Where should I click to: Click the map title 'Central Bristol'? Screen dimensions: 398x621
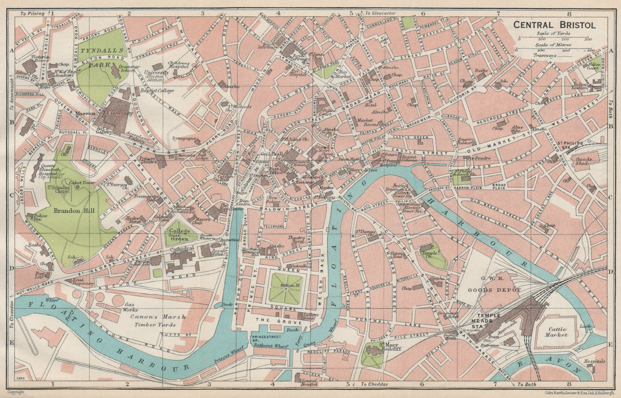coord(549,25)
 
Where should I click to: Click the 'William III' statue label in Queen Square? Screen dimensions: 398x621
coord(286,286)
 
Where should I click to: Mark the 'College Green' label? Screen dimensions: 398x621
coord(180,234)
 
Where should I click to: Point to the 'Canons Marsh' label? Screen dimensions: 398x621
coord(157,317)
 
